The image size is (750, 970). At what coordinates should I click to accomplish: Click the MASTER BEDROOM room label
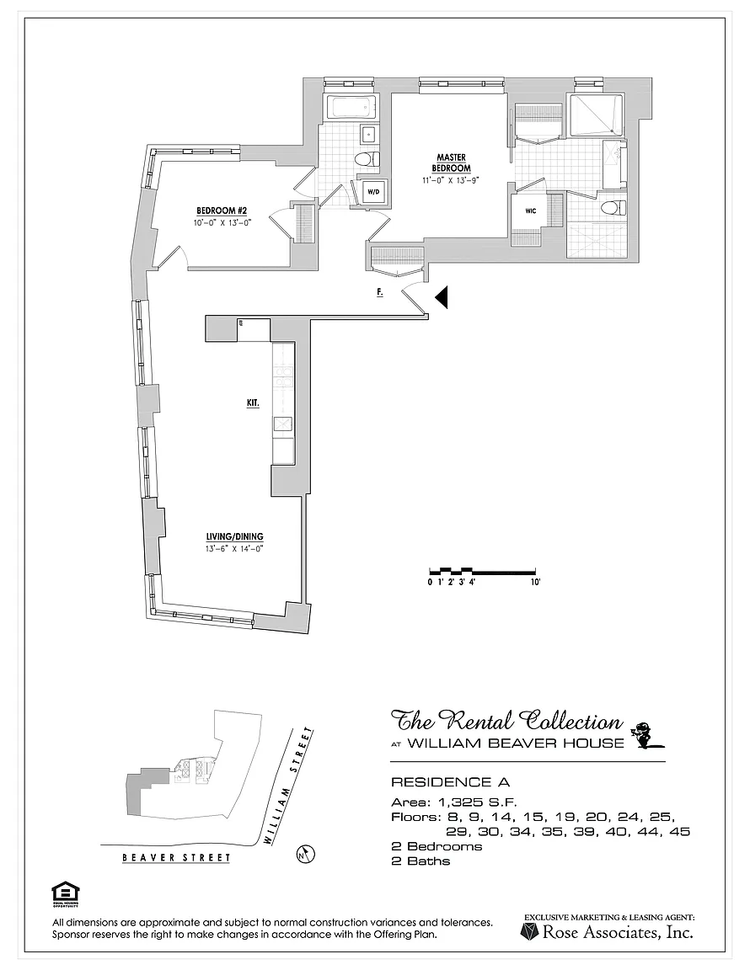(x=452, y=163)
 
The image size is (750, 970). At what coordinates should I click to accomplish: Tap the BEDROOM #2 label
(x=220, y=211)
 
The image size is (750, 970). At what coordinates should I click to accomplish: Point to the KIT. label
(x=252, y=403)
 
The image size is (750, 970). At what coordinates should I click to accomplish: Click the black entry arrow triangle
(x=442, y=296)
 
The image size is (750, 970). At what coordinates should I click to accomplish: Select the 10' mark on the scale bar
(x=534, y=582)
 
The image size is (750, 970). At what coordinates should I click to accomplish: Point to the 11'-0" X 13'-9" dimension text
(x=452, y=179)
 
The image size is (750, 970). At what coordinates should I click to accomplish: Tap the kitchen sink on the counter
(x=283, y=424)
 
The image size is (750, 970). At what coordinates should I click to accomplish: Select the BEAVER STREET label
(x=176, y=858)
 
